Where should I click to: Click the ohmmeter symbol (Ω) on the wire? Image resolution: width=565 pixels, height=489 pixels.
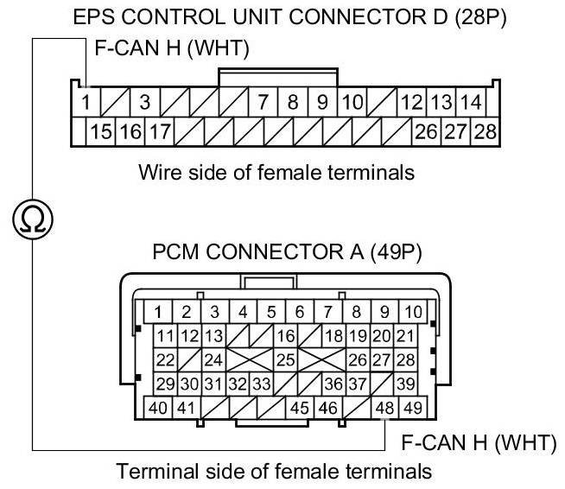pos(34,221)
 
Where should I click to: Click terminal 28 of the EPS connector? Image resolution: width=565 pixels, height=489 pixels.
pos(486,132)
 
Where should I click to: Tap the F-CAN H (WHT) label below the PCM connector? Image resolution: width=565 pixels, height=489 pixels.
pos(477,444)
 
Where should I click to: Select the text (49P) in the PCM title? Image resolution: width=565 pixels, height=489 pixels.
pos(394,256)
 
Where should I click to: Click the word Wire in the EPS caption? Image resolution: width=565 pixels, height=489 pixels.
pos(159,172)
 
